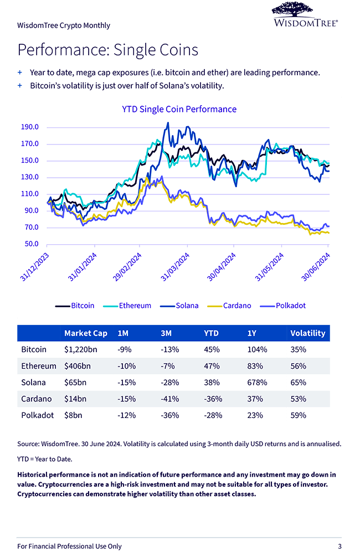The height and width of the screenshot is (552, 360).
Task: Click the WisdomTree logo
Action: (305, 14)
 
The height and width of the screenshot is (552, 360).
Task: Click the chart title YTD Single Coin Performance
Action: (179, 109)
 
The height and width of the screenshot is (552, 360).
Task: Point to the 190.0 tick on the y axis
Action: (29, 127)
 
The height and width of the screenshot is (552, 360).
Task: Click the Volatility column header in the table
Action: (307, 333)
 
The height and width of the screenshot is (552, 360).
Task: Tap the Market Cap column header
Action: (86, 333)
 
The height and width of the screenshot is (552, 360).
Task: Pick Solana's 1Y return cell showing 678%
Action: (257, 383)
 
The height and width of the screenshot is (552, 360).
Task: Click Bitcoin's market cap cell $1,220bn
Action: (81, 350)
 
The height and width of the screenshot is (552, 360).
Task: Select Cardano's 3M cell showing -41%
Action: (168, 399)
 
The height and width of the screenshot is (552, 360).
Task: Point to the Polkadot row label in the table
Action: (36, 415)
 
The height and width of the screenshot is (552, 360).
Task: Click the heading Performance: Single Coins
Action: (107, 50)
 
